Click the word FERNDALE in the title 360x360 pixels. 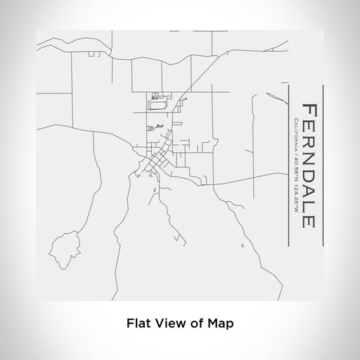coord(309,165)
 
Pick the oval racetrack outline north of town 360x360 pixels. coord(157,105)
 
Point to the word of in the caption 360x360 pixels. coord(198,323)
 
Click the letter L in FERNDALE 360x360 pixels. coord(309,207)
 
